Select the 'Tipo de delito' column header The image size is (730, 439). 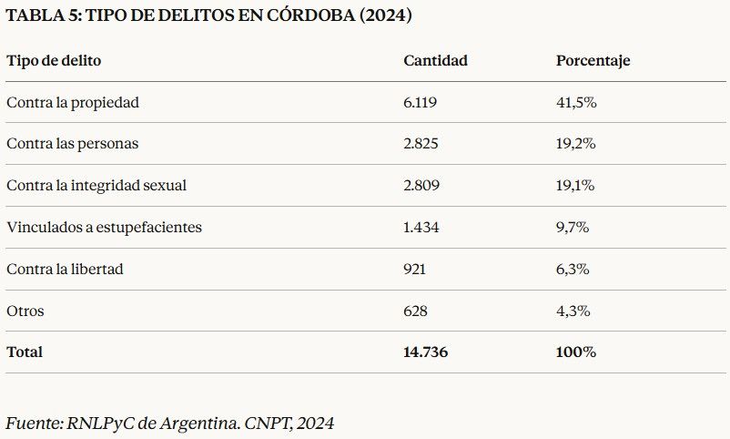[54, 61]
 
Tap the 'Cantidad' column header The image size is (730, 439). [435, 61]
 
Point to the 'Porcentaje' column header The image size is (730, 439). [593, 61]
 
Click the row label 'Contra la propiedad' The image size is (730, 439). [73, 103]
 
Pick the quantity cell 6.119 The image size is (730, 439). [421, 103]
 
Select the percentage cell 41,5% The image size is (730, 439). [575, 103]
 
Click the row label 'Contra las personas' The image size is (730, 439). [73, 144]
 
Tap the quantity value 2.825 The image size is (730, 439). [421, 144]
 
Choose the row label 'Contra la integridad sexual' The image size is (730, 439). [96, 186]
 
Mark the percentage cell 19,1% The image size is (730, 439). [575, 186]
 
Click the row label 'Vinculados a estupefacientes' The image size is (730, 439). [104, 228]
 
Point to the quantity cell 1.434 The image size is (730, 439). [421, 228]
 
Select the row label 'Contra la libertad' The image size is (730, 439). [65, 270]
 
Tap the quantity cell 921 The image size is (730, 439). [414, 270]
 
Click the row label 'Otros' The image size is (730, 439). [25, 311]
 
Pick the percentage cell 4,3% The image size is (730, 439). [573, 311]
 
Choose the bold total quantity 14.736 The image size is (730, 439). [425, 352]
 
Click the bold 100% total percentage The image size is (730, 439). [575, 352]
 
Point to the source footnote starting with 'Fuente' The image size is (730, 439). [170, 424]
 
